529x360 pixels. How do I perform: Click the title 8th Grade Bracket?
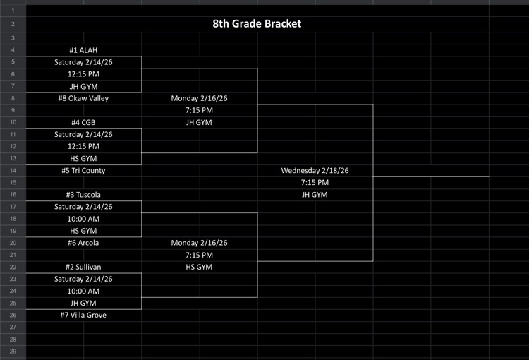pos(257,24)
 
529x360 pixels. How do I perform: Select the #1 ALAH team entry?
pos(83,51)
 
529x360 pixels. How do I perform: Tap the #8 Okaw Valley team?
pos(83,99)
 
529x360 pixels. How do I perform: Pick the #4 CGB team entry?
pos(83,123)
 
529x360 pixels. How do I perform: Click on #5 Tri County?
pos(83,171)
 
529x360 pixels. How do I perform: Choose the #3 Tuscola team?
pos(83,195)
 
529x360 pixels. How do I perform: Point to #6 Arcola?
pos(83,243)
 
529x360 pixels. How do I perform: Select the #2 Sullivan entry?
pos(83,267)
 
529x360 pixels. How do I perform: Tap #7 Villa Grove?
pos(83,315)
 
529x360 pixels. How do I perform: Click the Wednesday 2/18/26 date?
pos(315,171)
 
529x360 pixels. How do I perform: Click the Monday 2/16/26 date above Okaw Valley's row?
pos(199,99)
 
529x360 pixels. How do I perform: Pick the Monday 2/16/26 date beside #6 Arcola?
pos(199,243)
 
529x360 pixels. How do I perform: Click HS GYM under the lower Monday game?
pos(199,267)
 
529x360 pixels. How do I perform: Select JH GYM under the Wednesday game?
pos(315,195)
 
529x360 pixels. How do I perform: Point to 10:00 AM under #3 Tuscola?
pos(83,219)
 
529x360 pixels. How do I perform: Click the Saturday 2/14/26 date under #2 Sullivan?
pos(83,279)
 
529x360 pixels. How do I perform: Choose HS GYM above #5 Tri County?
pos(83,159)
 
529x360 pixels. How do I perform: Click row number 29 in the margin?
pos(13,351)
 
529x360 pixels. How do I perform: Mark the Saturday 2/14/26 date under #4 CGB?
pos(83,135)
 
